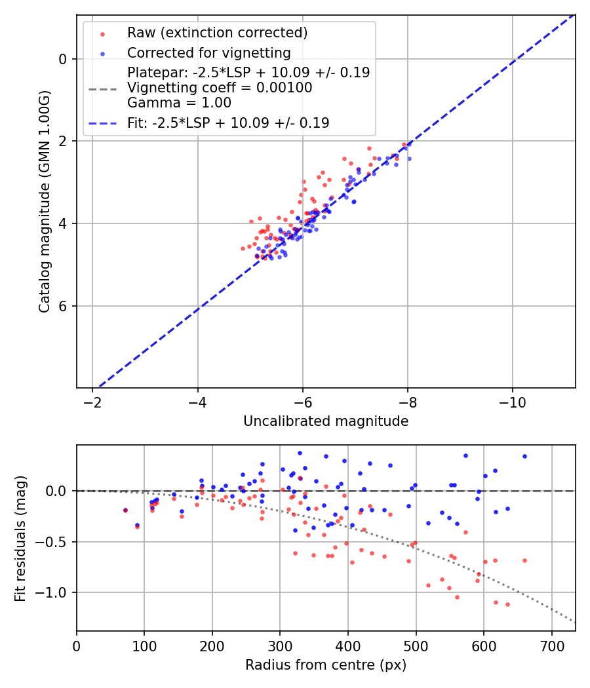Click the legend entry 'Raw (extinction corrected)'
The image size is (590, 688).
tap(217, 33)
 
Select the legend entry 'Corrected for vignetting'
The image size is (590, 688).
tap(208, 52)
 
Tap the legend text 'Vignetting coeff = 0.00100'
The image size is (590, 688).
tap(220, 88)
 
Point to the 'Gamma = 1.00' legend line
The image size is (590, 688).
tap(179, 103)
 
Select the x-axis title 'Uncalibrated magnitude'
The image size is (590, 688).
tap(326, 421)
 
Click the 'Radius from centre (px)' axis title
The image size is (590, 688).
tap(326, 665)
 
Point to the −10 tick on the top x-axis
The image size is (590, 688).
tap(513, 402)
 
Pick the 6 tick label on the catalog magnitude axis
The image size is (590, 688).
tap(63, 306)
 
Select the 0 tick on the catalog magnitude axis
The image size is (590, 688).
tap(63, 59)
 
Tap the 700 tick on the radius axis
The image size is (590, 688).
tap(551, 645)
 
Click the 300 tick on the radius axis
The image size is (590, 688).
tap(280, 645)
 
